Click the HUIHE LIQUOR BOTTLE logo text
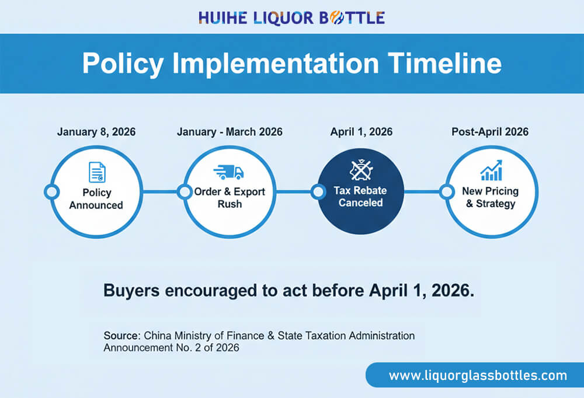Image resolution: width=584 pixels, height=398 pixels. pos(291,18)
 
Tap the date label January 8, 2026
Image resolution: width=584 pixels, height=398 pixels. pos(96,132)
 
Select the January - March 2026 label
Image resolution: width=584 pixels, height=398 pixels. pos(230,132)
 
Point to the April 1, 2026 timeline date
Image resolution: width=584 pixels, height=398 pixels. pos(361,132)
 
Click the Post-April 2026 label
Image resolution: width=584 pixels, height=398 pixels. pos(490,132)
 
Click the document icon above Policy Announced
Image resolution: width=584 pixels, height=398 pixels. pos(96,172)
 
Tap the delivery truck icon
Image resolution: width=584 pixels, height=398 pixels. pos(228,172)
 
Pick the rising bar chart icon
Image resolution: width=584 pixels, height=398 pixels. pos(491,170)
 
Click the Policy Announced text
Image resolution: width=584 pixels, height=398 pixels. pos(96,198)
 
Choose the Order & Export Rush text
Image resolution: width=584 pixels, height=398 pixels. pos(230,198)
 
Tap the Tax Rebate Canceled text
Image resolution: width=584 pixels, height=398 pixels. pos(361,197)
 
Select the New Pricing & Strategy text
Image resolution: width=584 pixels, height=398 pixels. pos(490,197)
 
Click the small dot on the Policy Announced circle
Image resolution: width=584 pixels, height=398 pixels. pos(51,191)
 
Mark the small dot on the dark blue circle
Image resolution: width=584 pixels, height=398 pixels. pos(318,191)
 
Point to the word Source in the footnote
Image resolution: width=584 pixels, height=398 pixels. pos(121,336)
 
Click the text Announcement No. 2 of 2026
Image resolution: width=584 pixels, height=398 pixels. pos(171,348)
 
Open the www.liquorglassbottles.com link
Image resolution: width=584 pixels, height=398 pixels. pos(478,375)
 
